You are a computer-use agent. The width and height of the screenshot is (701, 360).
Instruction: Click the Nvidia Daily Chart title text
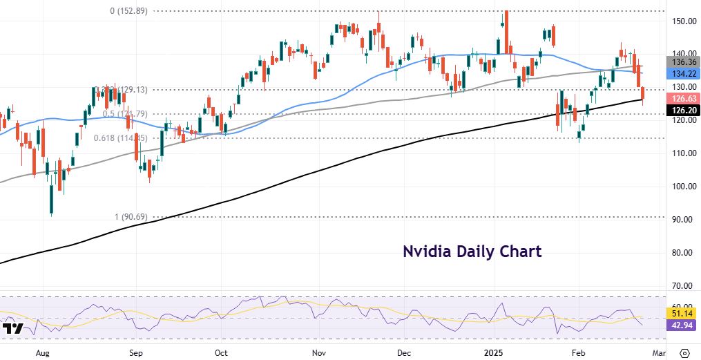tap(472, 251)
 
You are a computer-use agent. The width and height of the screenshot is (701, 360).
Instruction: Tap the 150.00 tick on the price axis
tap(683, 21)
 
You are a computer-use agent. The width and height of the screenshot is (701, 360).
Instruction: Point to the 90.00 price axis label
tap(683, 220)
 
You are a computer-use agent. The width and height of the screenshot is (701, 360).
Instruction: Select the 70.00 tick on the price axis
tap(683, 286)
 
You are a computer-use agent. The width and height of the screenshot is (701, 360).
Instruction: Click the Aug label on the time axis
tap(42, 352)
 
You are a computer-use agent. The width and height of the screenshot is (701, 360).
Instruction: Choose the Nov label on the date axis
tap(318, 352)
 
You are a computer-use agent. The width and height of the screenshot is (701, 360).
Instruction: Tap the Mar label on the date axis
tap(660, 352)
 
